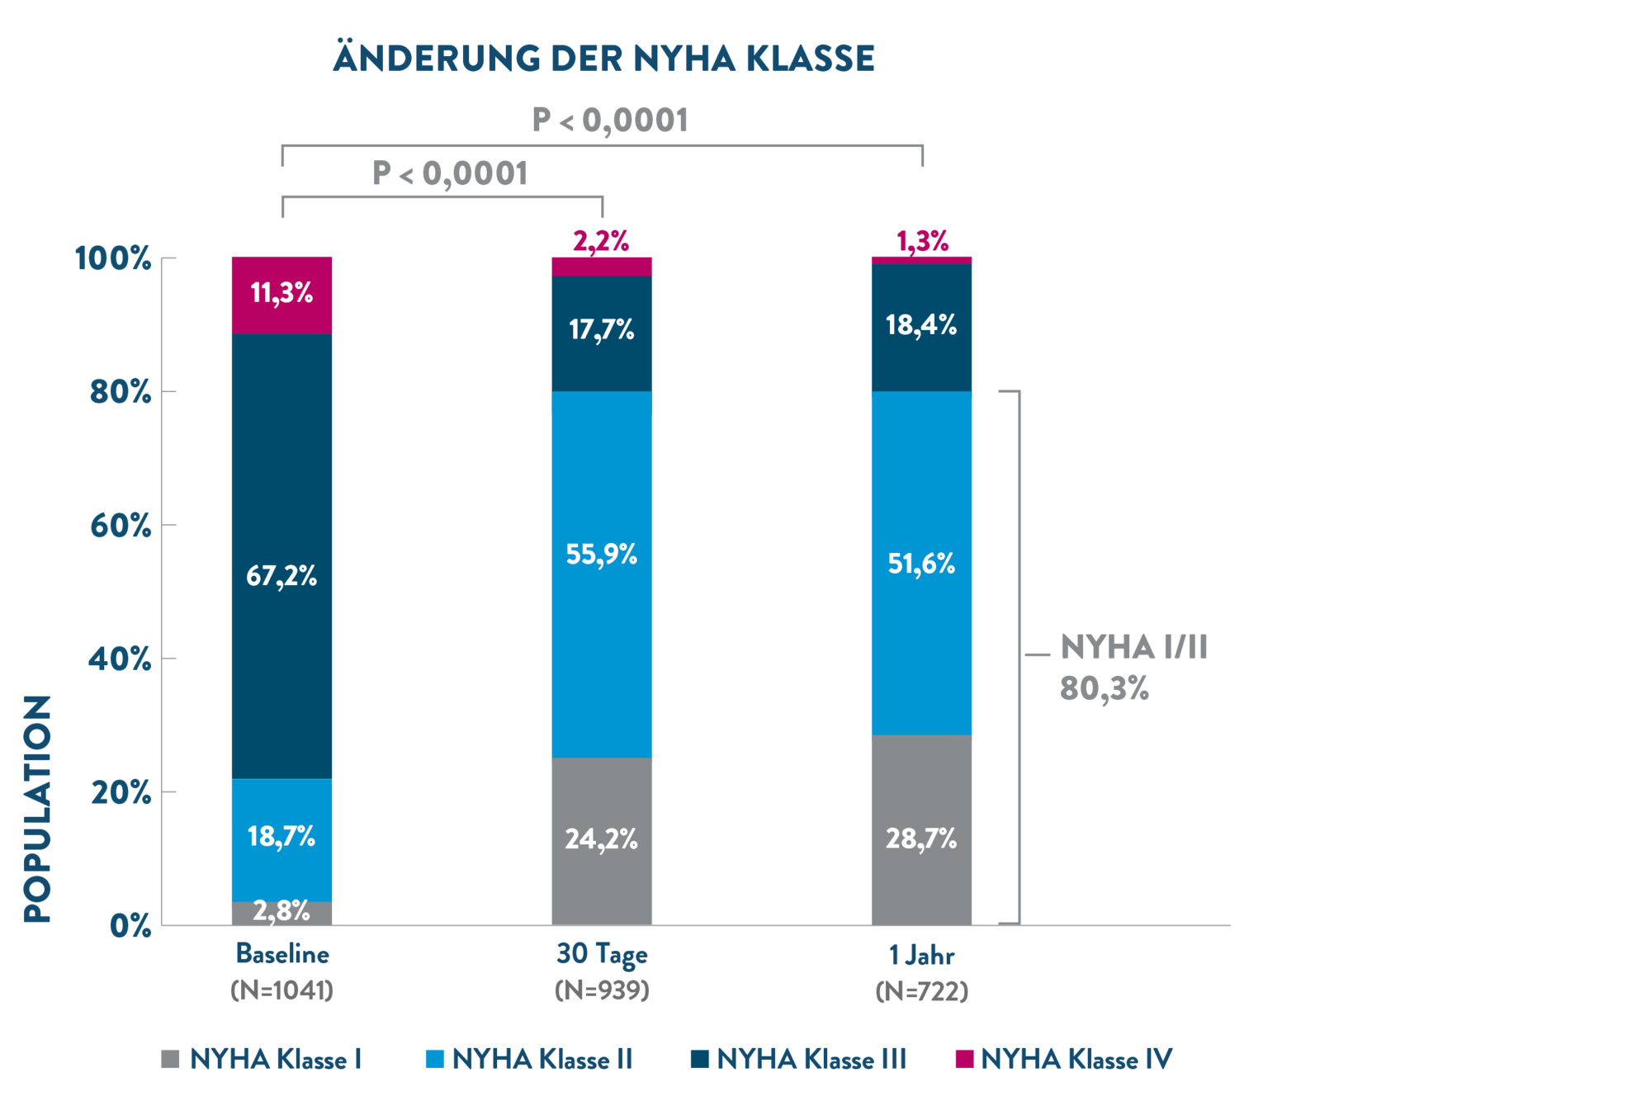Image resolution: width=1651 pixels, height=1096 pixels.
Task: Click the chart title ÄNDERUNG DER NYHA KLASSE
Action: (x=603, y=59)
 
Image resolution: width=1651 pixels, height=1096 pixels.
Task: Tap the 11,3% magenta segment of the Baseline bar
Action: (x=281, y=293)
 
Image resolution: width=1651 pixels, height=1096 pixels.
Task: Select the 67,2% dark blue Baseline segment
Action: (x=281, y=575)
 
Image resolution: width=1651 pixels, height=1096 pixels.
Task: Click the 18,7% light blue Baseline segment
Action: (x=281, y=837)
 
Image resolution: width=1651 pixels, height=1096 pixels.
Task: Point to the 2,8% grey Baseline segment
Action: (x=281, y=912)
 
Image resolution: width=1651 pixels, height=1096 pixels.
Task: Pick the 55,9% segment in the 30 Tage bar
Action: (x=602, y=554)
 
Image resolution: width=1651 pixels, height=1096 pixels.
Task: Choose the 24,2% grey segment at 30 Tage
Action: (x=602, y=839)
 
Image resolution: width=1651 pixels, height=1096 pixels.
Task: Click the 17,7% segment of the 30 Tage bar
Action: (x=602, y=330)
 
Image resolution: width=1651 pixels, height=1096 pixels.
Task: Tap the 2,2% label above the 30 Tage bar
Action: (x=601, y=241)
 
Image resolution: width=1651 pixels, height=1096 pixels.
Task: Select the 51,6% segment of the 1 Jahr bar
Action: (x=921, y=564)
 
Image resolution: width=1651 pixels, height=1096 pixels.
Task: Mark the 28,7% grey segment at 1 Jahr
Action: (x=921, y=839)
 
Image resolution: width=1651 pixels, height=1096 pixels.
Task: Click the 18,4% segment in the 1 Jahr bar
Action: (x=921, y=325)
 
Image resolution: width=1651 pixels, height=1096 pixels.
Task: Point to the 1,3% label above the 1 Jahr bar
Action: (x=922, y=241)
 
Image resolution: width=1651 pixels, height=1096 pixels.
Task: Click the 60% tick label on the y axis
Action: (x=121, y=526)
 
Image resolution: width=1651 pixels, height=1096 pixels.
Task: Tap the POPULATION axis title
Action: (x=38, y=808)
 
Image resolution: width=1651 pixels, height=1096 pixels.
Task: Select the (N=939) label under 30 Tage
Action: (x=602, y=990)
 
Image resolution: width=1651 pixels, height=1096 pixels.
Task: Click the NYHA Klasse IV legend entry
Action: (x=1064, y=1059)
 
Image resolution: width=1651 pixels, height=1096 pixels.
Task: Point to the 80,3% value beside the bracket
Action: (x=1104, y=688)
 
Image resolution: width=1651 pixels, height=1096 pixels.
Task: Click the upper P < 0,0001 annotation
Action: (x=610, y=120)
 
